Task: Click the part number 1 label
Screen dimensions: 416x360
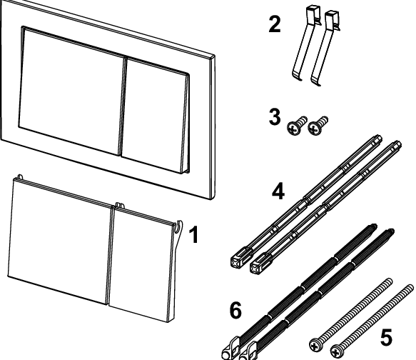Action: click(x=194, y=234)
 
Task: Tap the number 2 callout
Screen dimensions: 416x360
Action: click(x=274, y=24)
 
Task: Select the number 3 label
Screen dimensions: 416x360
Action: click(x=274, y=117)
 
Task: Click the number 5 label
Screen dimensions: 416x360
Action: click(x=386, y=337)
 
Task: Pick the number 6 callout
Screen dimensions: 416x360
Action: click(x=235, y=310)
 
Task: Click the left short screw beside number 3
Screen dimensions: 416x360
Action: click(x=297, y=126)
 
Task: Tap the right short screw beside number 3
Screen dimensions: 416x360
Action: click(x=318, y=126)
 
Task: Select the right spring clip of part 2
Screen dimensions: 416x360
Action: click(x=325, y=48)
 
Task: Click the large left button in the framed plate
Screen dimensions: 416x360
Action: click(x=71, y=90)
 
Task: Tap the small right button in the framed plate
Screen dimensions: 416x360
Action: click(x=155, y=116)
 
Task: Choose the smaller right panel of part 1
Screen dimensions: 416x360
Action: click(x=141, y=264)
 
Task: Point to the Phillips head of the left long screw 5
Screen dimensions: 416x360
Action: click(x=315, y=346)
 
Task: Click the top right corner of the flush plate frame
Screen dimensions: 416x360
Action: click(x=214, y=56)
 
